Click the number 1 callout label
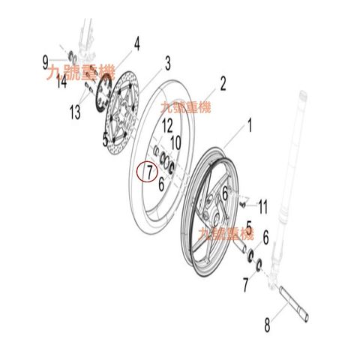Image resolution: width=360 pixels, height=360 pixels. click(x=250, y=125)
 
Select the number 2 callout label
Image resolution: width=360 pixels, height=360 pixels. click(x=223, y=84)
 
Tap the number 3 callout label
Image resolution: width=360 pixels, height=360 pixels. click(x=168, y=64)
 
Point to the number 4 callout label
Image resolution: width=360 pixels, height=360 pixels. click(x=136, y=43)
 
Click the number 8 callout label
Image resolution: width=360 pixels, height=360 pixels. click(x=267, y=325)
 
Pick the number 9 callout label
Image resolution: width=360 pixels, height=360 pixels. click(x=45, y=62)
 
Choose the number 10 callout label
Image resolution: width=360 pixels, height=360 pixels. click(x=175, y=143)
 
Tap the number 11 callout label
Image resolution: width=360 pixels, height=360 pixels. click(x=262, y=207)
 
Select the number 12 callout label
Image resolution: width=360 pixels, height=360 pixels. click(x=167, y=126)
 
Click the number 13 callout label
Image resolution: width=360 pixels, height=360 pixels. click(x=75, y=112)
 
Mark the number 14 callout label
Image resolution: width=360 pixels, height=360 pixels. click(x=61, y=82)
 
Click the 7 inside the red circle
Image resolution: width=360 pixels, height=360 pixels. click(x=149, y=172)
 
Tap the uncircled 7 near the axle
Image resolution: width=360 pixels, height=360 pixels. click(x=246, y=285)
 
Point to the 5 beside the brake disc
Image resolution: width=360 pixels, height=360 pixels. click(x=105, y=140)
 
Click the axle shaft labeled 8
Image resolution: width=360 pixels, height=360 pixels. click(x=294, y=304)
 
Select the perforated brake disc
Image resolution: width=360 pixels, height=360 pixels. click(x=121, y=113)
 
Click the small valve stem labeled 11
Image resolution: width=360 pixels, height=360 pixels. click(x=242, y=205)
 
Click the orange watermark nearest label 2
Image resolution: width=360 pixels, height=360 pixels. click(x=185, y=107)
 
